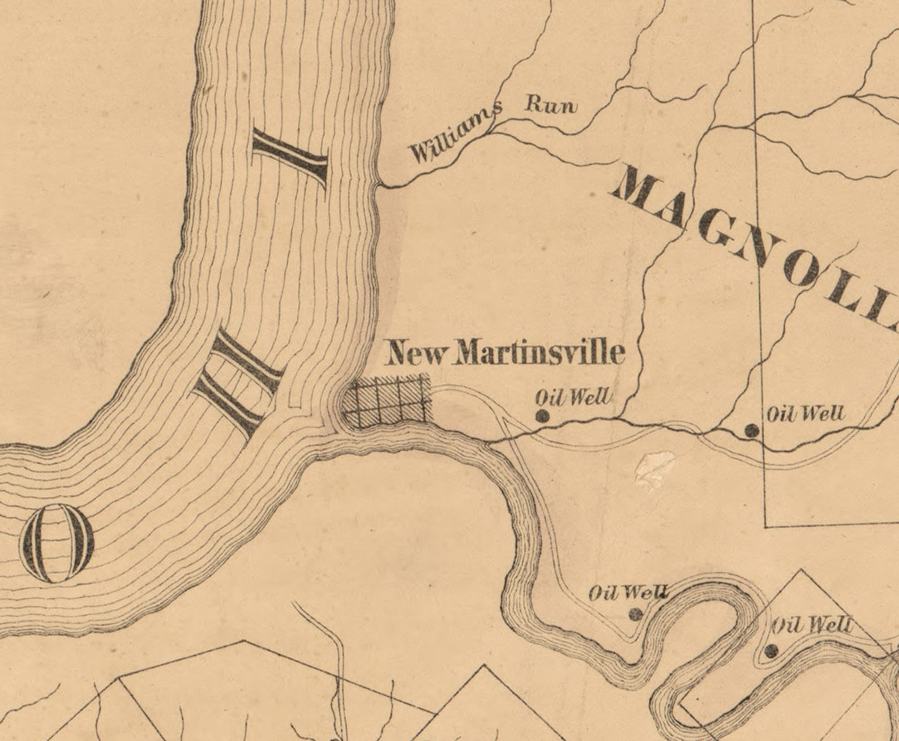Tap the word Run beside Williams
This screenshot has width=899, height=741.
pos(551,106)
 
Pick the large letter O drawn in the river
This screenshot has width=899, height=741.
pos(57,544)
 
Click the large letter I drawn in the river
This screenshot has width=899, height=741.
pos(290,159)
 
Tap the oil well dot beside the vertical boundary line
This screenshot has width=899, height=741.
pos(752,431)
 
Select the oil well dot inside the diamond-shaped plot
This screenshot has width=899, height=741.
pos(770,651)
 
